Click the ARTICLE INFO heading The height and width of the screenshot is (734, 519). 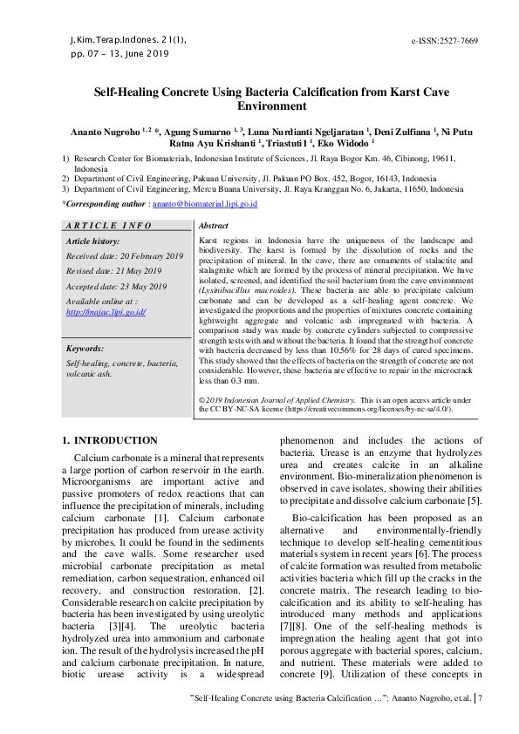pos(109,226)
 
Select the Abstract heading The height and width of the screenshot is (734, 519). pos(215,226)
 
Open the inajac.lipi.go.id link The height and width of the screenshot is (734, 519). pos(106,311)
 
